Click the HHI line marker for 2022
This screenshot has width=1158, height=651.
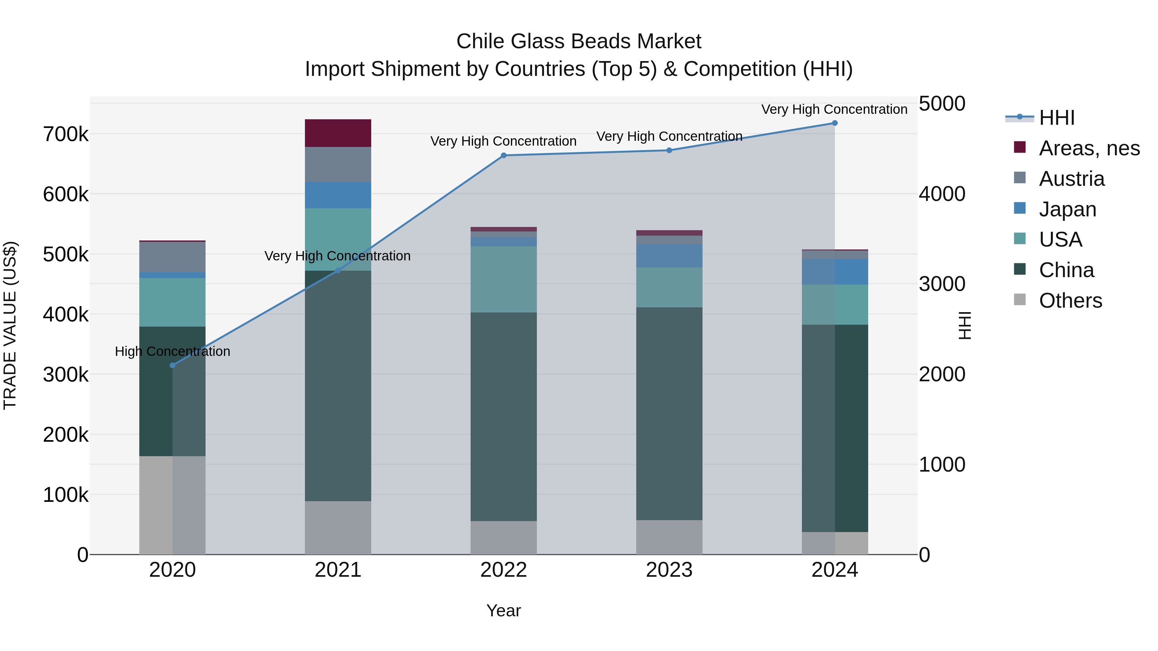coord(503,156)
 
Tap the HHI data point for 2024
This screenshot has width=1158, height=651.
coord(835,123)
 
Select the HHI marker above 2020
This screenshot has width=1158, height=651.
coord(173,365)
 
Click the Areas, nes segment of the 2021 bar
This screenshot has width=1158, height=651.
coord(338,133)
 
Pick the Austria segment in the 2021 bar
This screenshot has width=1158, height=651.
coord(338,164)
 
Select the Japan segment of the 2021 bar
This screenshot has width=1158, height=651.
coord(338,195)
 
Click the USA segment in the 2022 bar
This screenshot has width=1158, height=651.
coord(503,279)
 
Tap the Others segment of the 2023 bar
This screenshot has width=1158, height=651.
coord(669,537)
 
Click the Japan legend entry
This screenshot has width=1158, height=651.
coord(1067,209)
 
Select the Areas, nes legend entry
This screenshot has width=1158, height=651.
coord(1089,148)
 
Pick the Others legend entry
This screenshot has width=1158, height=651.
coord(1070,301)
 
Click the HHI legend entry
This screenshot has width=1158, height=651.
coord(1056,118)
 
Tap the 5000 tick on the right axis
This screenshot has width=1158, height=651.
coord(942,104)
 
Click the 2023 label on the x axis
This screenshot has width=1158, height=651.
coord(669,570)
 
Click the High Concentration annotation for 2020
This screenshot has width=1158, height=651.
coord(173,351)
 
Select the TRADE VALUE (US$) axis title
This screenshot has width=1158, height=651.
coord(10,325)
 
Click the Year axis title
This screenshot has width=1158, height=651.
coord(503,610)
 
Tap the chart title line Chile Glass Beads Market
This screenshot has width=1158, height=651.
coord(579,41)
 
